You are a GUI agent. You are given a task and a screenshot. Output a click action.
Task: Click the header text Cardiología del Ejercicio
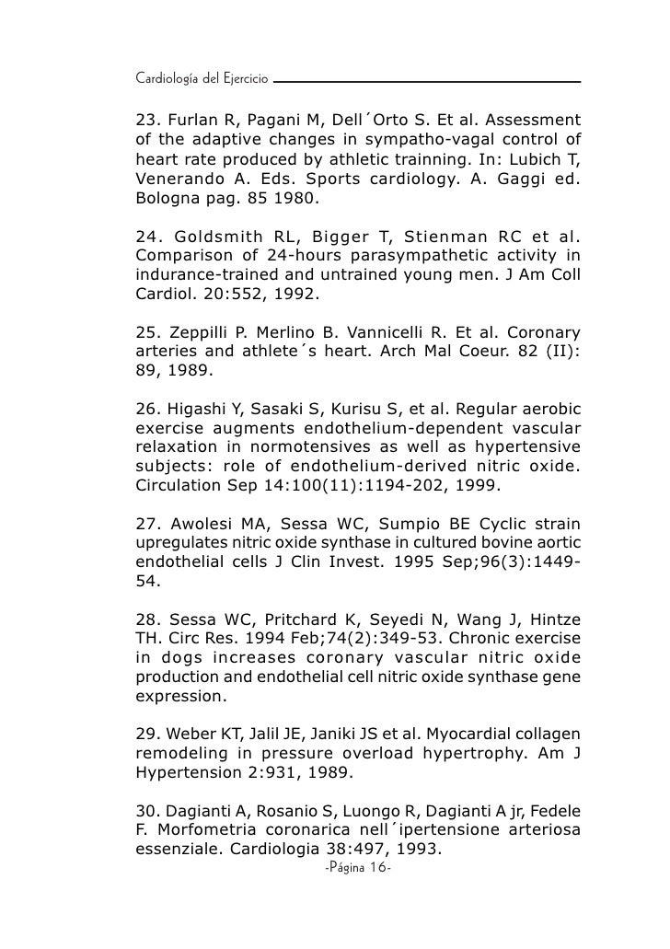pyautogui.click(x=201, y=80)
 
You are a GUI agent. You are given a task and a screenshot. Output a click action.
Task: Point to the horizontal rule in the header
pyautogui.click(x=428, y=82)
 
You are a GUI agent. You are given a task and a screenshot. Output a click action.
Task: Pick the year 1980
pyautogui.click(x=302, y=197)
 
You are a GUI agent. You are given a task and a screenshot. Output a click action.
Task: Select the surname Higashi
pyautogui.click(x=196, y=410)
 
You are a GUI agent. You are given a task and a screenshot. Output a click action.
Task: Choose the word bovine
pyautogui.click(x=492, y=545)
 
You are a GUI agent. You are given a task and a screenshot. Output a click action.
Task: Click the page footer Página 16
pyautogui.click(x=359, y=870)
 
